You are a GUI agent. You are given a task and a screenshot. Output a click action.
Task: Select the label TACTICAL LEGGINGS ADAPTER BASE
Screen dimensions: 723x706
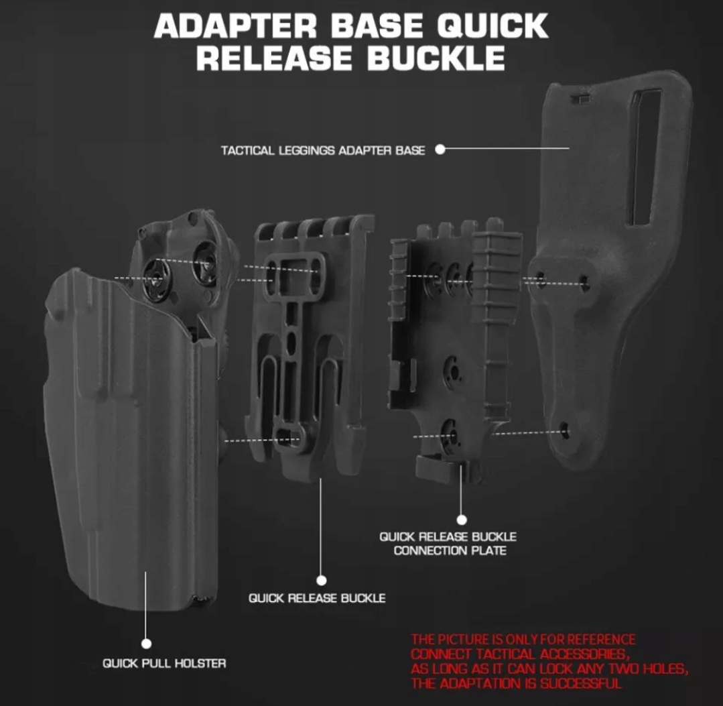322,150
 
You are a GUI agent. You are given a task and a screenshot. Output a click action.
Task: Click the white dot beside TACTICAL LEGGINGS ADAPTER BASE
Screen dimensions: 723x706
440,149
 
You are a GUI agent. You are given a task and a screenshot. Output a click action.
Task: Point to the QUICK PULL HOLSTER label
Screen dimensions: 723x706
164,663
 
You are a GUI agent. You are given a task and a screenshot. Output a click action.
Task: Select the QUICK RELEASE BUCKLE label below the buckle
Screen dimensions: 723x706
317,597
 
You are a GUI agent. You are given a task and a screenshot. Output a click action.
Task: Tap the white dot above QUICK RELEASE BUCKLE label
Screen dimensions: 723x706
321,580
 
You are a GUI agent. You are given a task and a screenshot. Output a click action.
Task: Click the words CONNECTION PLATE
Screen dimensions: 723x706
450,550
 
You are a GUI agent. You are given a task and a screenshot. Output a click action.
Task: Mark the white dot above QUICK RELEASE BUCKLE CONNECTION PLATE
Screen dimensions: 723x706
461,519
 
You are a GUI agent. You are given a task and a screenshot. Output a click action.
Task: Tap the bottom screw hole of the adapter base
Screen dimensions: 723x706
565,430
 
